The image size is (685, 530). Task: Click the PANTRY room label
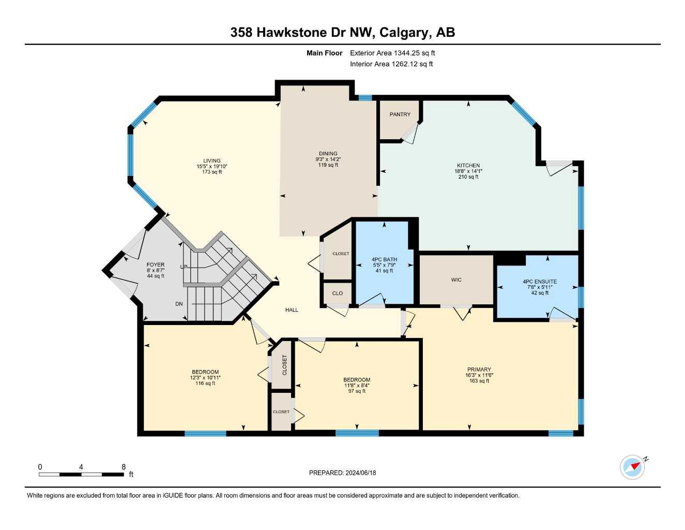[400, 114]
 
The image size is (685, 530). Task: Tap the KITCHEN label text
[468, 166]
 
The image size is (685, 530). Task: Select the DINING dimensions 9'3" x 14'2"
[328, 159]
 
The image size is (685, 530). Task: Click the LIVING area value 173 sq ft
[211, 172]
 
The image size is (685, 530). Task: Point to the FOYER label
[155, 264]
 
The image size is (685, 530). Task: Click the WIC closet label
[456, 280]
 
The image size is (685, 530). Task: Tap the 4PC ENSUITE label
[539, 282]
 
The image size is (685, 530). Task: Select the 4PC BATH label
[384, 259]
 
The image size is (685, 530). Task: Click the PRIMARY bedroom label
[479, 370]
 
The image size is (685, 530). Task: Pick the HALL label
[292, 310]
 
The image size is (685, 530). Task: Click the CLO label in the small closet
[337, 293]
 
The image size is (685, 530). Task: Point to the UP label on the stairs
[184, 267]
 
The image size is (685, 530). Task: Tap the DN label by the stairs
[179, 304]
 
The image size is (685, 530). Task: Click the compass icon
[633, 467]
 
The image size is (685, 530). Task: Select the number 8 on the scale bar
[124, 467]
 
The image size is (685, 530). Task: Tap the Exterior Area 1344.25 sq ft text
[392, 53]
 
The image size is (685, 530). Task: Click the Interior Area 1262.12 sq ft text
[391, 64]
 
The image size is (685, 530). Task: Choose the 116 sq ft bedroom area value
[205, 384]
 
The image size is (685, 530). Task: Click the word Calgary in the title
[404, 33]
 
